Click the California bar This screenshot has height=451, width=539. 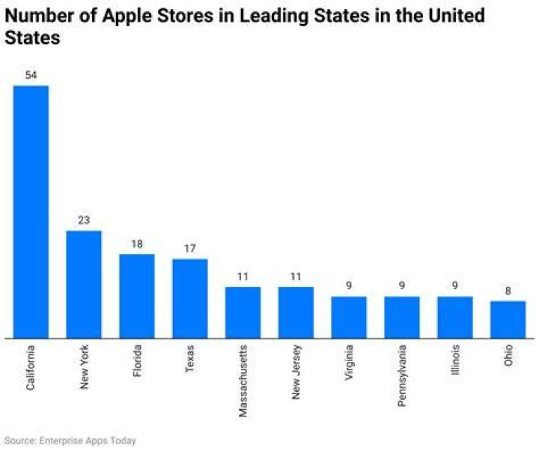(31, 212)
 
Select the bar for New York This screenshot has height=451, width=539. (84, 285)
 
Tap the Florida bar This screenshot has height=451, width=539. (137, 296)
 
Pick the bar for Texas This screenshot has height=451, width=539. (190, 299)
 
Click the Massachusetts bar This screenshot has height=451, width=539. (243, 312)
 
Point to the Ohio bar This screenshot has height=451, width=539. (508, 320)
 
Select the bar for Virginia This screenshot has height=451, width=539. (349, 318)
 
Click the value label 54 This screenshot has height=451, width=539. (31, 75)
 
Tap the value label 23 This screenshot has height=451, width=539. (84, 220)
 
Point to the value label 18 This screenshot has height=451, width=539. (137, 244)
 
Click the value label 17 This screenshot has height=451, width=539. (190, 249)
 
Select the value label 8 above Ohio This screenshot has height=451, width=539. (508, 291)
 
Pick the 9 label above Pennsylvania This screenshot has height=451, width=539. (402, 285)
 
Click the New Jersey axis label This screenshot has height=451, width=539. (296, 372)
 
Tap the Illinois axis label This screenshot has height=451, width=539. (455, 358)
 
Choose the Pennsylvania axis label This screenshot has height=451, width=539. (402, 375)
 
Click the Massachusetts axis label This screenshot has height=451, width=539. (243, 381)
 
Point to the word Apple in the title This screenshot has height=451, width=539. (127, 16)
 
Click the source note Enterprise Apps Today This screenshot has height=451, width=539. (88, 441)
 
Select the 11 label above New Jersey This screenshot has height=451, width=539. (296, 276)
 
